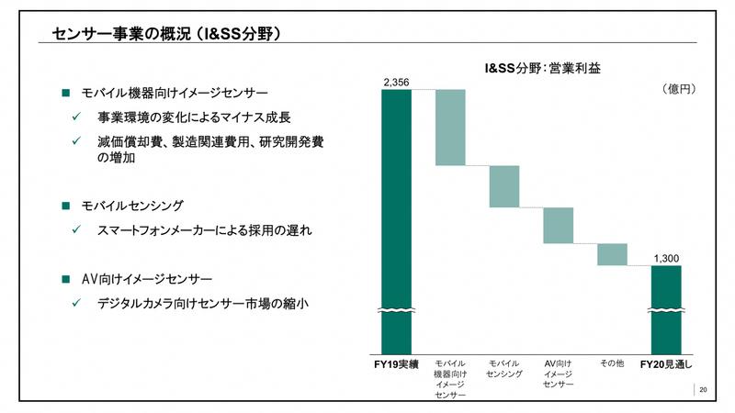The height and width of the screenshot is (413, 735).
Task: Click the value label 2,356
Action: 396,83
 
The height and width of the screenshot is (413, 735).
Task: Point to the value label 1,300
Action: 666,259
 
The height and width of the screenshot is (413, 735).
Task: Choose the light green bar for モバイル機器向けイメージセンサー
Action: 450,128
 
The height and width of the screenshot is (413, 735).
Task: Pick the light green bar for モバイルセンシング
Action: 504,186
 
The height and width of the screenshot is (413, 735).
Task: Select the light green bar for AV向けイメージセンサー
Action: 559,226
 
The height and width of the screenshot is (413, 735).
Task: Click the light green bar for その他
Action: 612,254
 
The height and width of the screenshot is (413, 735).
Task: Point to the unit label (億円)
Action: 678,89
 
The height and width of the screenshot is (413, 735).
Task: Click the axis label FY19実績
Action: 397,363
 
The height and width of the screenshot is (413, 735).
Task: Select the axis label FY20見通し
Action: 666,363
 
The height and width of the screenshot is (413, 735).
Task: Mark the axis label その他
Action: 612,363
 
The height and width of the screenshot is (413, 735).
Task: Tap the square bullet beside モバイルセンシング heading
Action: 65,205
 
